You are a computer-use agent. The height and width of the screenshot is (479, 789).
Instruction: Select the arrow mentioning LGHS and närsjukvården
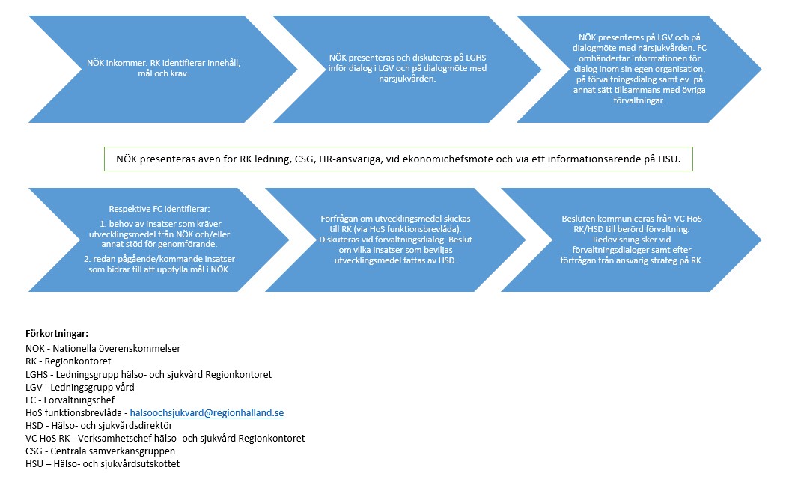point(407,69)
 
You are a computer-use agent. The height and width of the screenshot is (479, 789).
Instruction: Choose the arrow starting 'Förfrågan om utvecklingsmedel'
point(395,239)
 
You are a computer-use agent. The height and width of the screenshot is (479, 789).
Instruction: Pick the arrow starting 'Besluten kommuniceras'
point(632,239)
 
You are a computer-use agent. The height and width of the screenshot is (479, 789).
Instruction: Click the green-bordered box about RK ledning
point(398,159)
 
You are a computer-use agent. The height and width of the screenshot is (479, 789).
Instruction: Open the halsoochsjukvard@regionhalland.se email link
point(207,412)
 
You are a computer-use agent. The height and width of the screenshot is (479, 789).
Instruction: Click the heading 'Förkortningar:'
point(57,333)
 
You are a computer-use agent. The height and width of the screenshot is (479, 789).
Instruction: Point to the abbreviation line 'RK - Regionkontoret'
point(68,361)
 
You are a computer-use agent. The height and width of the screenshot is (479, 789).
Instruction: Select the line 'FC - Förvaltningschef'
point(70,400)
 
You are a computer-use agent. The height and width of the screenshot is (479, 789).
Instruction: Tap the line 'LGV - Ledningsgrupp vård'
point(80,387)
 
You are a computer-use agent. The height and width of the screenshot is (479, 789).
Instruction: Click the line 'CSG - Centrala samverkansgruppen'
point(100,451)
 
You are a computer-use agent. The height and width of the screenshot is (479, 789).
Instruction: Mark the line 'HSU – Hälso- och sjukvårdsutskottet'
point(103,463)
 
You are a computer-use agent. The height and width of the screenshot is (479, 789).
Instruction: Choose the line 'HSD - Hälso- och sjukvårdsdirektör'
point(99,425)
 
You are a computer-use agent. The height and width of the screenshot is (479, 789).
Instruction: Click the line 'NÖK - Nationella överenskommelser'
point(103,348)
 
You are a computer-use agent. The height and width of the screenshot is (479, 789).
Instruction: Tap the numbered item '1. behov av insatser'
point(159,234)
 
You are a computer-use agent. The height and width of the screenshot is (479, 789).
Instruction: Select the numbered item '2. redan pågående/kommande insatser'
point(159,264)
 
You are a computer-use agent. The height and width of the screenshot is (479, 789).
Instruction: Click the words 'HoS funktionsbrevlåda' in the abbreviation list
point(73,412)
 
